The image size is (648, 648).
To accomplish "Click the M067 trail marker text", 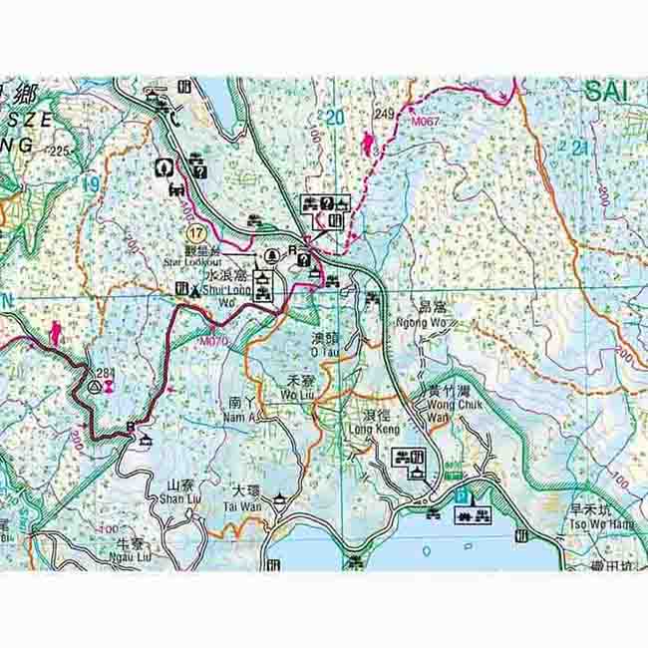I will click(426, 120).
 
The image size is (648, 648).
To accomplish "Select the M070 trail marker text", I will click(213, 340).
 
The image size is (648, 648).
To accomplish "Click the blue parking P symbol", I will click(461, 494).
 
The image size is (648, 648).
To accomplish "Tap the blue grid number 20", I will click(334, 118).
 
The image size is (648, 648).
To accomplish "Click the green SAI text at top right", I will click(606, 91).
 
